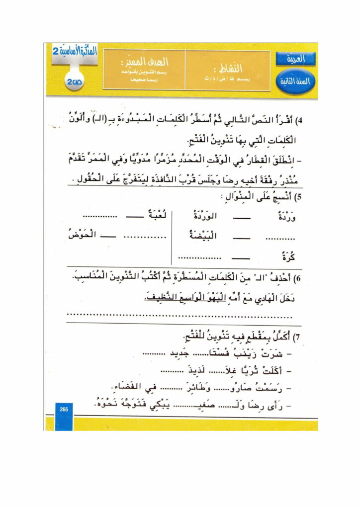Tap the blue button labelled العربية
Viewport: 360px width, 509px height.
click(x=296, y=59)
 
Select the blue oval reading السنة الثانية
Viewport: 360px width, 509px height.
click(x=296, y=81)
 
